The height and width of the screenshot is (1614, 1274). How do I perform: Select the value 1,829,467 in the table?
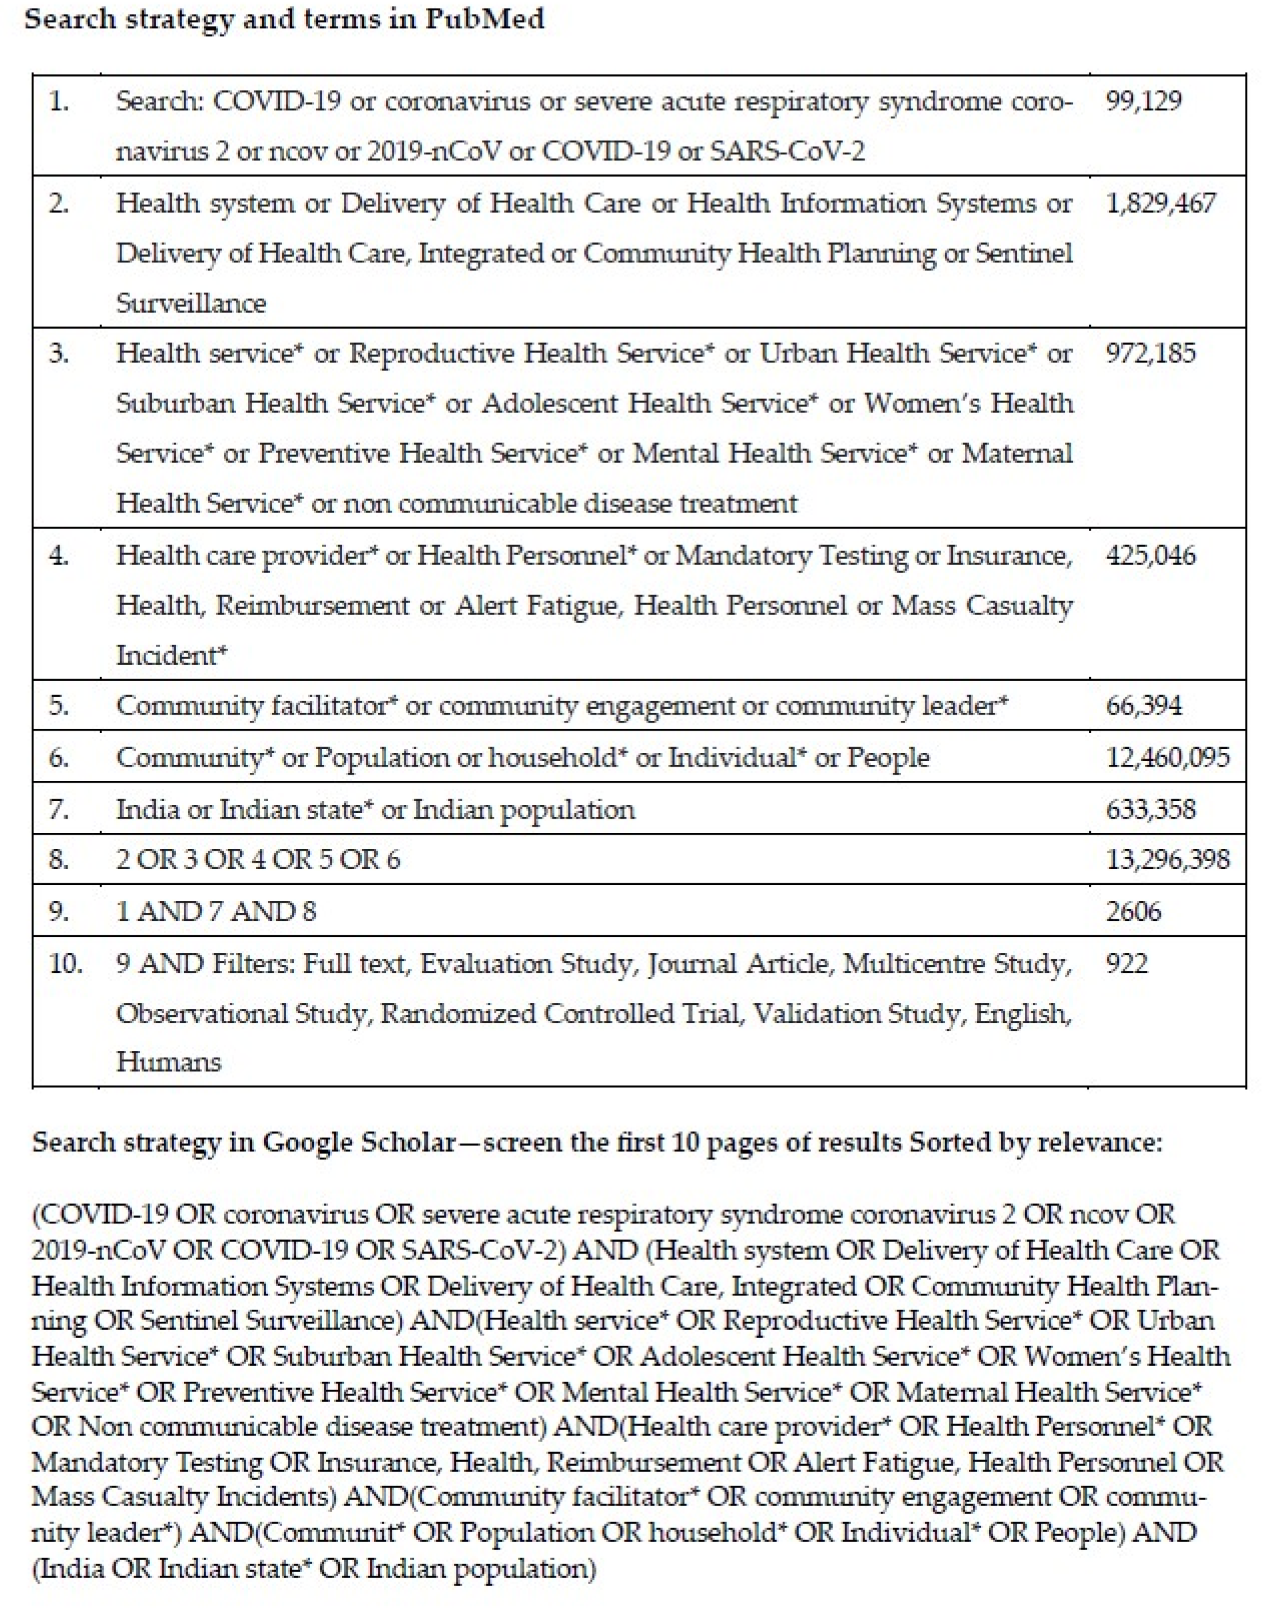pos(1161,203)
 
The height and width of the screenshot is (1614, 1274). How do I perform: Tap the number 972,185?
pos(1150,353)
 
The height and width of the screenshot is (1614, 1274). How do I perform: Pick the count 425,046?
pos(1150,555)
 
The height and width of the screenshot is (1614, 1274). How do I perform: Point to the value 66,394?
pos(1144,705)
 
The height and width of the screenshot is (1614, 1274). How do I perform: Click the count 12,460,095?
pos(1167,758)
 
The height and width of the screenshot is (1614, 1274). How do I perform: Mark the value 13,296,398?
pos(1167,859)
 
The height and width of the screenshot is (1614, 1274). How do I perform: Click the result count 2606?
pos(1133,911)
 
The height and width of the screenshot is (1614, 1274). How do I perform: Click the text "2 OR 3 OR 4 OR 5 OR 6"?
pos(257,859)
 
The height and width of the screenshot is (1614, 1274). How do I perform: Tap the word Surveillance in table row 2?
pos(191,303)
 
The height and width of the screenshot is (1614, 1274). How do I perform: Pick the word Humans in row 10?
pos(169,1061)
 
